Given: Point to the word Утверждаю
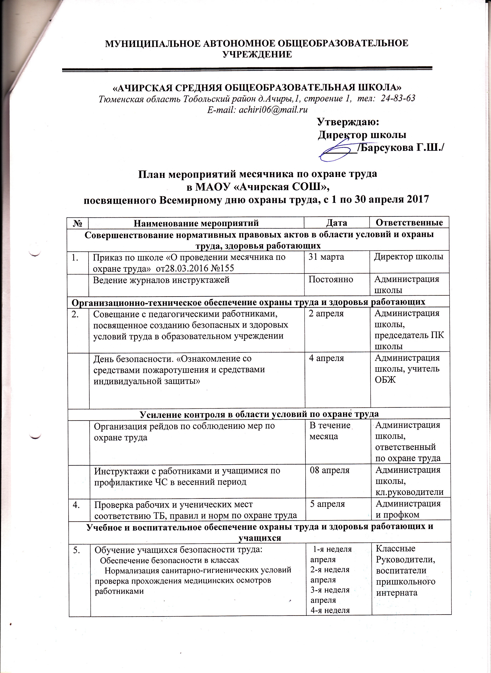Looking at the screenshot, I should point(348,122).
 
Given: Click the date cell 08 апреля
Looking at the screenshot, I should point(330,470).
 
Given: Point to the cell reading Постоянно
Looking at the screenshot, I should point(331,279).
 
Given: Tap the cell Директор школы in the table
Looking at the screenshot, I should point(409,257).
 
